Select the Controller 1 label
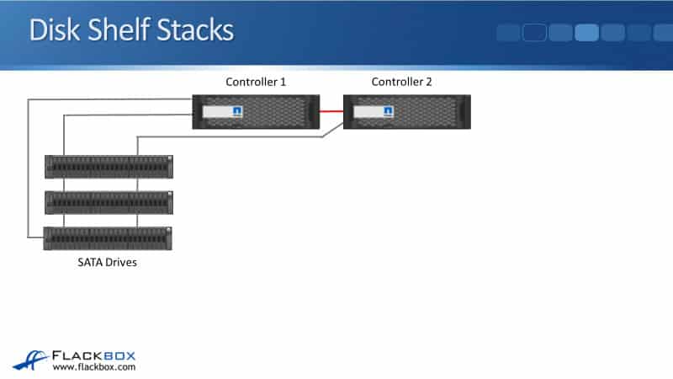[x=256, y=82]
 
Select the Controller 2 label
[x=402, y=82]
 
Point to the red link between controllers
[x=331, y=111]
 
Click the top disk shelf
[x=109, y=166]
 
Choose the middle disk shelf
[x=109, y=202]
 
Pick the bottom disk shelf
[x=109, y=238]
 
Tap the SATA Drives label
[x=102, y=263]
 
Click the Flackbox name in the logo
[x=93, y=355]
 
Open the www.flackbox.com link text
[x=94, y=367]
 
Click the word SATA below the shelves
[x=81, y=263]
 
